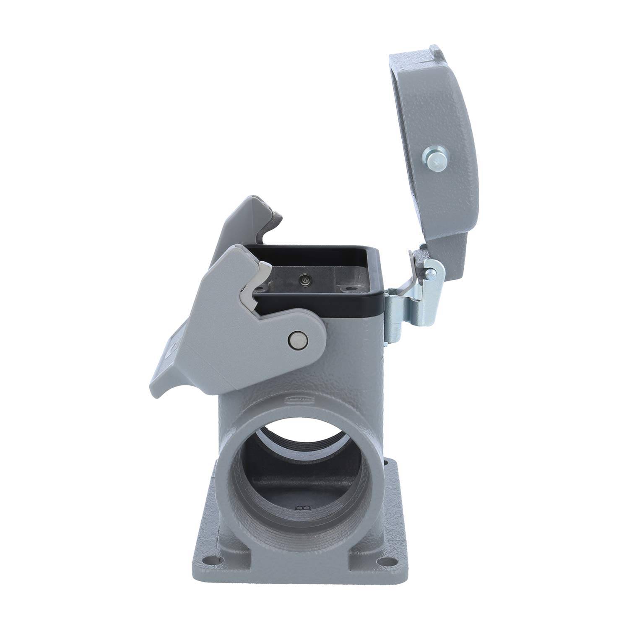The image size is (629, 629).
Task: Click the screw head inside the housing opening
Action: click(303, 278)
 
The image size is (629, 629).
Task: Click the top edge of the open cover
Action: click(415, 57)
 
